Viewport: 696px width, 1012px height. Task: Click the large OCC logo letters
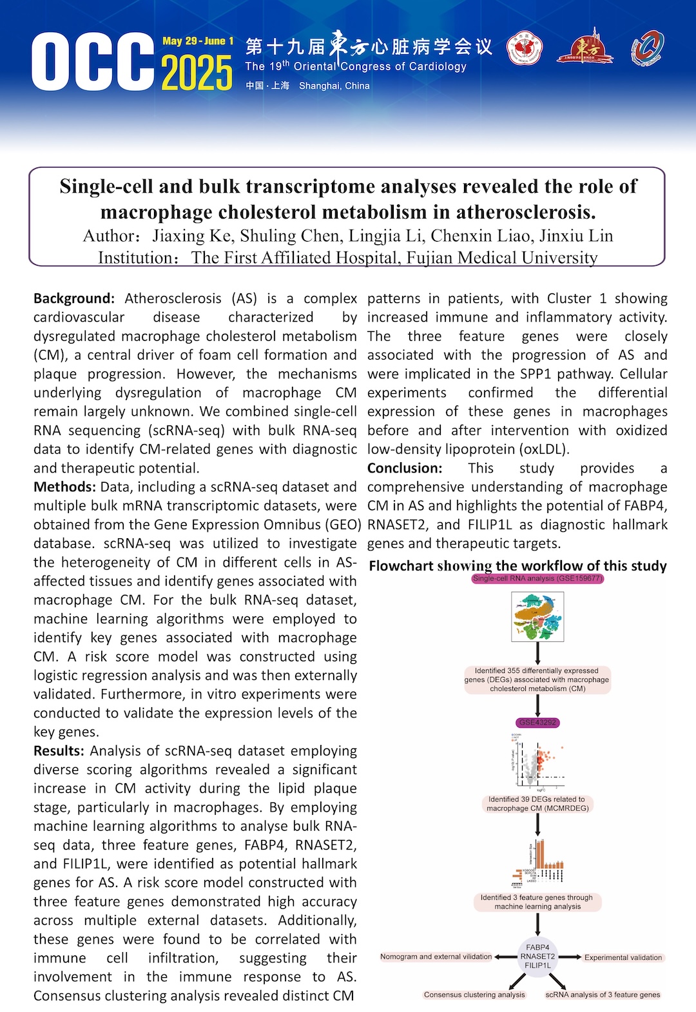[93, 63]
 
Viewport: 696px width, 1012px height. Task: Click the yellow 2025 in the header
[197, 73]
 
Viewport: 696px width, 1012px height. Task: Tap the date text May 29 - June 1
[198, 41]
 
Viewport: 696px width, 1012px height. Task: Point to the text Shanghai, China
[334, 86]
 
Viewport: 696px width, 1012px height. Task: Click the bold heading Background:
[73, 298]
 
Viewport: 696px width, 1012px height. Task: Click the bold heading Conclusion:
[405, 468]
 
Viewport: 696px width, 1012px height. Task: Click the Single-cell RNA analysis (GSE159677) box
[537, 578]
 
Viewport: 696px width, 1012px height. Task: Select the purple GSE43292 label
[537, 723]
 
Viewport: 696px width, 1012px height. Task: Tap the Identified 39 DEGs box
[537, 803]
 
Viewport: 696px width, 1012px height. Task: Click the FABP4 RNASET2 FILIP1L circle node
[537, 957]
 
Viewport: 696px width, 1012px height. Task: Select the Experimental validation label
[623, 957]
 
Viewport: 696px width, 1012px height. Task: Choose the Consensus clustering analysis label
[474, 995]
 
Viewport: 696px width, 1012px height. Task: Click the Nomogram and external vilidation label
[436, 957]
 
